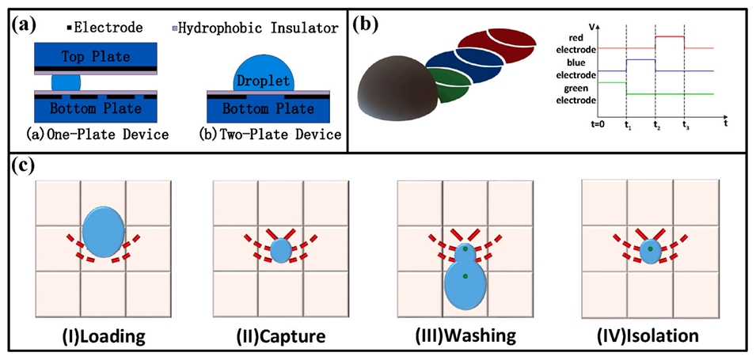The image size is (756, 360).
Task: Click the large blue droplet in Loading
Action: [104, 230]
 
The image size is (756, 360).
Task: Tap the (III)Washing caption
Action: [465, 335]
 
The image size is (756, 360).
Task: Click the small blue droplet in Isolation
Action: [650, 251]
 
